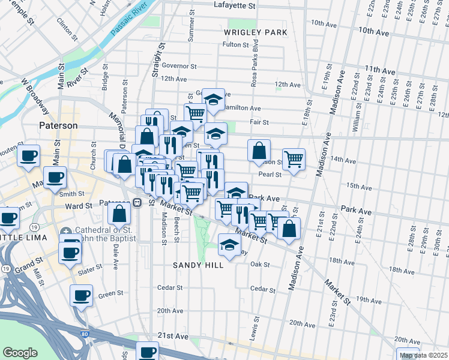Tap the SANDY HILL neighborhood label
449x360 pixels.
tap(194, 265)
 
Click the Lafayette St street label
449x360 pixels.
tap(235, 5)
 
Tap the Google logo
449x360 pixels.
tap(20, 353)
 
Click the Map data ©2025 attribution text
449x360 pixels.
tap(423, 355)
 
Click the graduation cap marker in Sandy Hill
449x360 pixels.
tap(229, 244)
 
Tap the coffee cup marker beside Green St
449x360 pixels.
tap(82, 295)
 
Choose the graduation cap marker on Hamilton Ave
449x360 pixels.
tap(213, 99)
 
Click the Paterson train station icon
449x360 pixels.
tap(137, 203)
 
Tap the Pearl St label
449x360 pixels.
tap(270, 175)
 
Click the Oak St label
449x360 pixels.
tap(260, 264)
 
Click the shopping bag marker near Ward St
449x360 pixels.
tap(120, 213)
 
